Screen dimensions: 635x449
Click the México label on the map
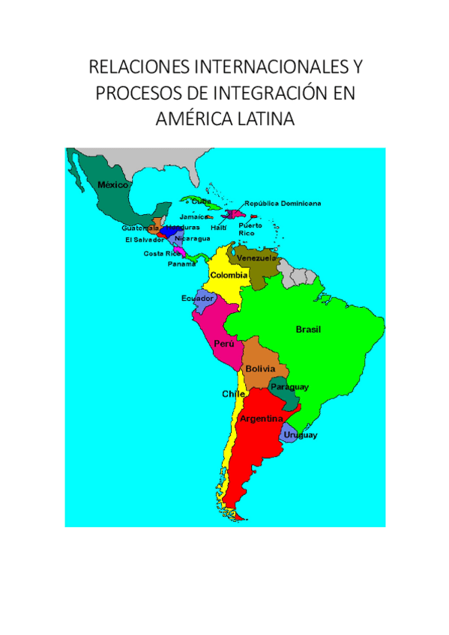pyautogui.click(x=113, y=184)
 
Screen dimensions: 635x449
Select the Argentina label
pyautogui.click(x=260, y=419)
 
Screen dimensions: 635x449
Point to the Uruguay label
pyautogui.click(x=300, y=435)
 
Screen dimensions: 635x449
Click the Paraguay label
pyautogui.click(x=289, y=386)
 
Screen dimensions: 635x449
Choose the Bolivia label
pyautogui.click(x=260, y=369)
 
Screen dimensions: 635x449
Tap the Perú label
pyautogui.click(x=224, y=344)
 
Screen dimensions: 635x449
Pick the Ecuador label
pyautogui.click(x=198, y=298)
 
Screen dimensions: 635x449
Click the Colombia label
pyautogui.click(x=229, y=276)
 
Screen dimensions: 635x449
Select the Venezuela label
pyautogui.click(x=256, y=258)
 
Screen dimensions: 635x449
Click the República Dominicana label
pyautogui.click(x=283, y=203)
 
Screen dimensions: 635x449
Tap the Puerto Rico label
pyautogui.click(x=250, y=228)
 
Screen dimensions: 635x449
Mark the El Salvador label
pyautogui.click(x=145, y=240)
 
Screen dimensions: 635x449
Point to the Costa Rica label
pyautogui.click(x=163, y=253)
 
